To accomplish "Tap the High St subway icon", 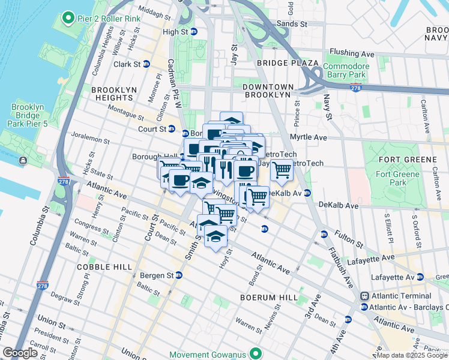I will (x=194, y=32).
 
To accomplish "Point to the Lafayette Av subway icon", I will (x=420, y=277).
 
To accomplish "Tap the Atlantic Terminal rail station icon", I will (x=364, y=296).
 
